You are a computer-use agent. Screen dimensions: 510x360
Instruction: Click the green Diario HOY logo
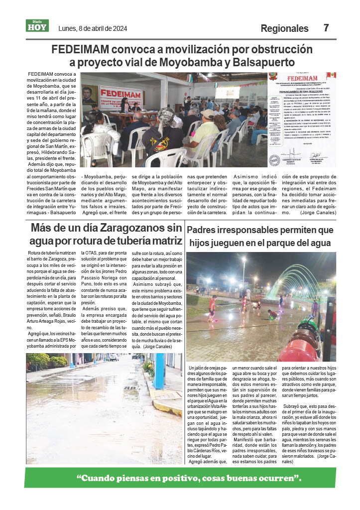(37, 26)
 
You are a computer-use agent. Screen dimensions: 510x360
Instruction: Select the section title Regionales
(284, 28)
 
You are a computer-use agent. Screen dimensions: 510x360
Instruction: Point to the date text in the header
(93, 28)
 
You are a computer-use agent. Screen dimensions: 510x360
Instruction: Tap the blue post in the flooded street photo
(159, 371)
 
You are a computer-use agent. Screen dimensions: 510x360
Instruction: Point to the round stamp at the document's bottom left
(274, 160)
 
